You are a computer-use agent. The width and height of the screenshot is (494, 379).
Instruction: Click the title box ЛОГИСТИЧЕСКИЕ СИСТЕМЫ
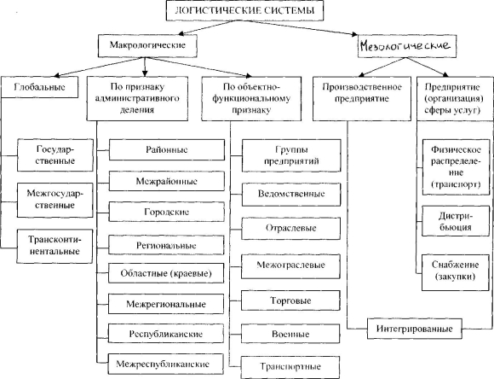point(244,10)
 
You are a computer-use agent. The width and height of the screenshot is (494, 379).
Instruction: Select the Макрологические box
point(147,46)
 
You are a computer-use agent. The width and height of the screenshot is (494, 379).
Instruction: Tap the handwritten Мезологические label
point(405,46)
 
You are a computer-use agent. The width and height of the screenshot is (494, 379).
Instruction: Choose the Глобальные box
point(40,87)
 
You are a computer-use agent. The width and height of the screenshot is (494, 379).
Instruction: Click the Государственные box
point(55,155)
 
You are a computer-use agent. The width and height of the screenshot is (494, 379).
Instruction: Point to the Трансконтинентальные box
point(55,246)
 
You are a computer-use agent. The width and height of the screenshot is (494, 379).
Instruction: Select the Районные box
point(167,149)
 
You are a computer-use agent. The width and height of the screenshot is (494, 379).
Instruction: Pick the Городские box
point(167,212)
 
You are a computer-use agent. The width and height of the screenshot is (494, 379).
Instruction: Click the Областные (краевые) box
point(166,273)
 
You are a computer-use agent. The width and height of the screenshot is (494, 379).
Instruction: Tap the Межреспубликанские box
point(166,364)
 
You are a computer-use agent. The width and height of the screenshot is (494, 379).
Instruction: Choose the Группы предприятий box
point(291,155)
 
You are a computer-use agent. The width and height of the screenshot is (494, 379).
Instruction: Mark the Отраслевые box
point(291,229)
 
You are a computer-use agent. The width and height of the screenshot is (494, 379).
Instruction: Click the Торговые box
point(290,300)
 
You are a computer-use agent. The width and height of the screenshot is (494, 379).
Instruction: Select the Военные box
point(290,334)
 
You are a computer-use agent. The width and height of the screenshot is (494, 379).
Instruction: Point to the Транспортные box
point(290,367)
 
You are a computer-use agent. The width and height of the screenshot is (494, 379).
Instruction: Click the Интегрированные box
point(415,329)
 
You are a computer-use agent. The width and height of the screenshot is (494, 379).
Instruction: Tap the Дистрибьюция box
point(456,221)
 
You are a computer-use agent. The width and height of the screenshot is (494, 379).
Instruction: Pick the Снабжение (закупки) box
point(456,271)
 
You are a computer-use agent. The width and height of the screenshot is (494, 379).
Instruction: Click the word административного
point(137,98)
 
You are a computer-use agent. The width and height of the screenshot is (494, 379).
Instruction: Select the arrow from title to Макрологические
point(209,27)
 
